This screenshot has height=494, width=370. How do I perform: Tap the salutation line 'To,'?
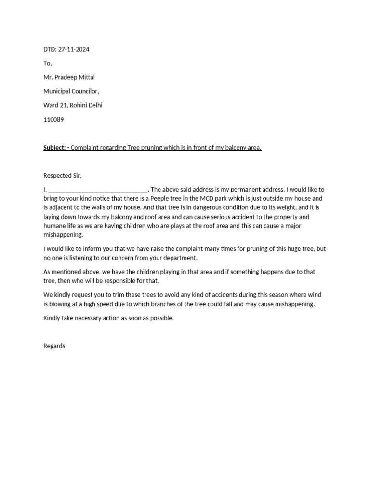click(x=47, y=63)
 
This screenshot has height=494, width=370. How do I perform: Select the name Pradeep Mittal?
click(x=79, y=77)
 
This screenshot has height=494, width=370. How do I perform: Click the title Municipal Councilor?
click(x=71, y=91)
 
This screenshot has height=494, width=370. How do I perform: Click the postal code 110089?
click(x=53, y=119)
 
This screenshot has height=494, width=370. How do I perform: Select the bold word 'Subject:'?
click(x=54, y=148)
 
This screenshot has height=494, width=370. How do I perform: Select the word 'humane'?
click(x=55, y=226)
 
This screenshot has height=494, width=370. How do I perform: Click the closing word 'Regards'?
click(x=54, y=346)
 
